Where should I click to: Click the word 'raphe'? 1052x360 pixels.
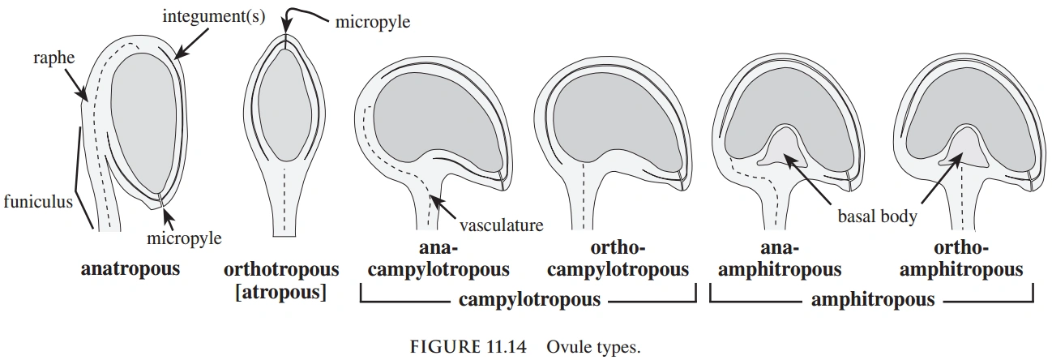[54, 58]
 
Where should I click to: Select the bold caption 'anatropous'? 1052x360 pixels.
[130, 268]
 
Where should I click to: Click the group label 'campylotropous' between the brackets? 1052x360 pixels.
[530, 300]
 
